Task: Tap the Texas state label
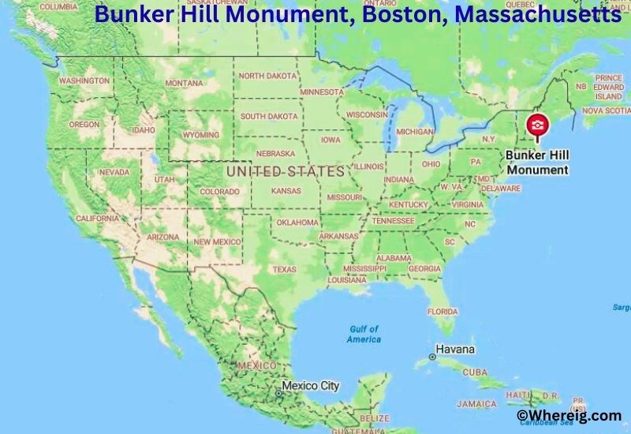click(284, 269)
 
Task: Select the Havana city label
click(457, 350)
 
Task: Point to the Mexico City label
click(311, 386)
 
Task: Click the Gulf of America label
click(364, 334)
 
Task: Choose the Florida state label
click(442, 312)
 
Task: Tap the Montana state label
click(184, 83)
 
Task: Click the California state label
click(97, 218)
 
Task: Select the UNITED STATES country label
click(285, 170)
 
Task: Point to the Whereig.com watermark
click(568, 415)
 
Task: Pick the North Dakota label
click(269, 76)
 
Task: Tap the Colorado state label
click(219, 192)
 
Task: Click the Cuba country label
click(475, 372)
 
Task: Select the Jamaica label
click(476, 404)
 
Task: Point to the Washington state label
click(84, 81)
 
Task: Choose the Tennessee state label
click(393, 221)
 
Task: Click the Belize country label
click(374, 417)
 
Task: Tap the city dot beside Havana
click(432, 357)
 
